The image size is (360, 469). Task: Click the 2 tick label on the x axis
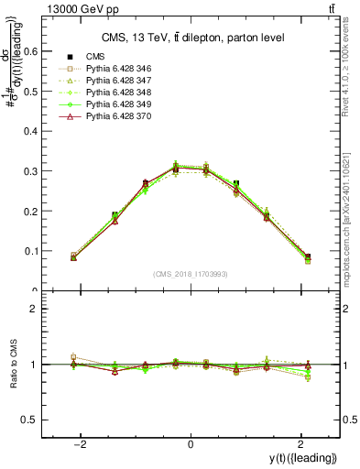[299, 444]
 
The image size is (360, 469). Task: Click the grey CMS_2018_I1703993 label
[190, 274]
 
